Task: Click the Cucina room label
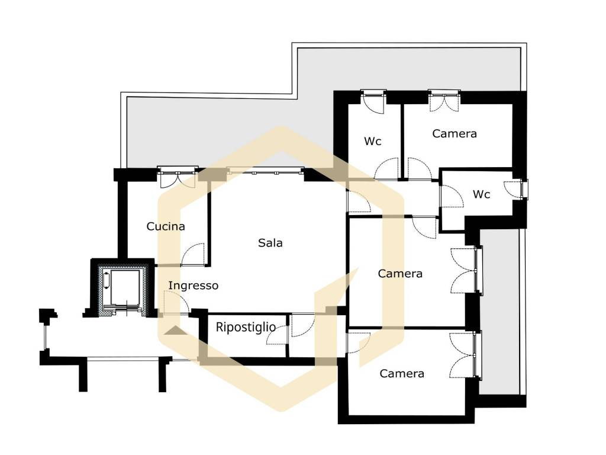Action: (166, 226)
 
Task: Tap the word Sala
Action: (270, 243)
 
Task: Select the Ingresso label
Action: (194, 286)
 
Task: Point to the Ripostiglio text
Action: (246, 327)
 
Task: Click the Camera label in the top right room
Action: (454, 134)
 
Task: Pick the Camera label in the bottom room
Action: (402, 374)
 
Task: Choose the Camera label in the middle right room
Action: (399, 274)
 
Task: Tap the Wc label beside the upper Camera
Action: (373, 142)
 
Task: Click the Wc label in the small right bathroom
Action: (481, 194)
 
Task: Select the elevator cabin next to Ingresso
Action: (121, 289)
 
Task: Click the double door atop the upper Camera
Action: (444, 101)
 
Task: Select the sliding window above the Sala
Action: (265, 171)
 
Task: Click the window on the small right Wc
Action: (524, 189)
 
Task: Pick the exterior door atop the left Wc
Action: (373, 102)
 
